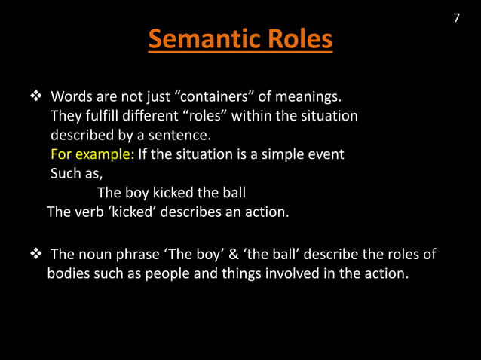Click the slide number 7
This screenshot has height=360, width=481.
click(x=456, y=18)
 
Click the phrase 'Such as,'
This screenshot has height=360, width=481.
click(x=75, y=174)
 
